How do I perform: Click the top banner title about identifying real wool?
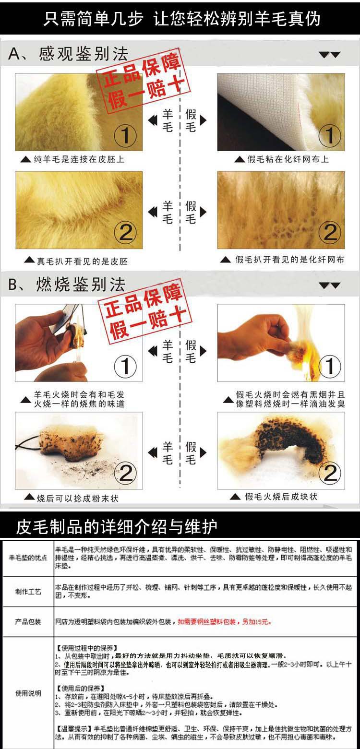[181, 18]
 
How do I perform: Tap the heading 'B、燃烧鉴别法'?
[67, 285]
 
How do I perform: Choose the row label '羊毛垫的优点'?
[28, 559]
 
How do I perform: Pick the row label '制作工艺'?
[28, 592]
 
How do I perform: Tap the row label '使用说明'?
[28, 693]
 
